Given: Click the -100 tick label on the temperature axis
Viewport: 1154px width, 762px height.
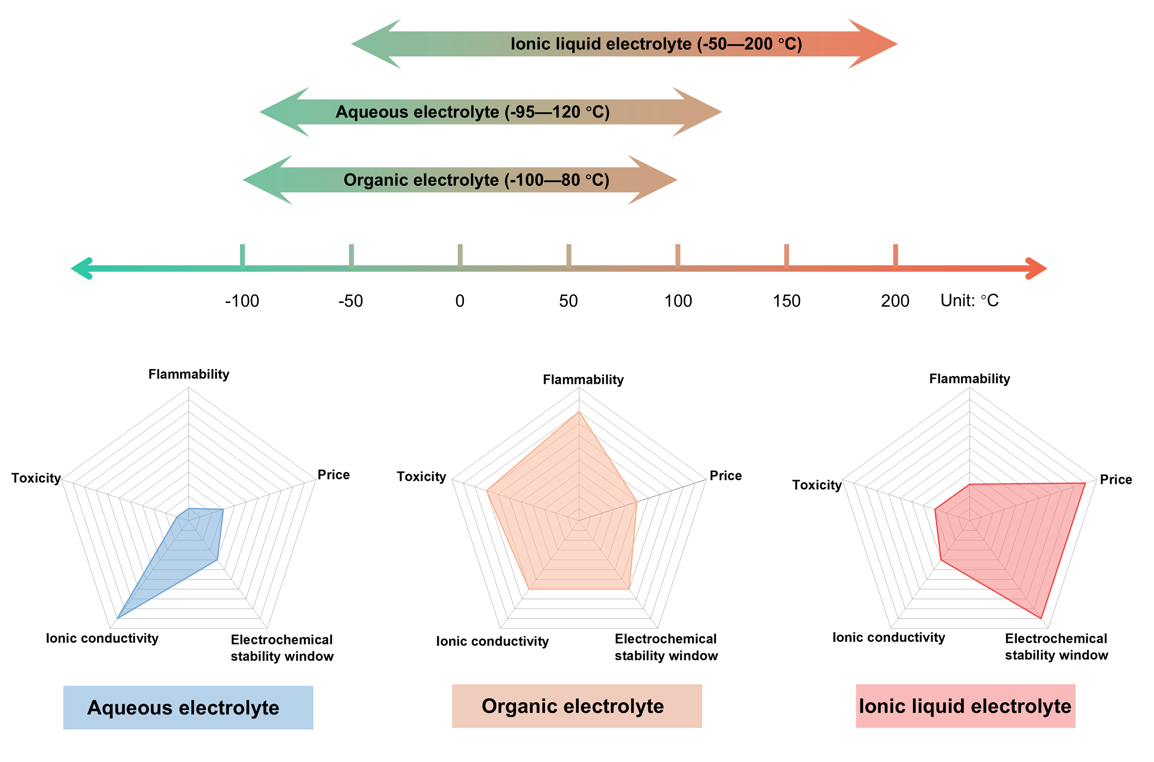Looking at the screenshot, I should (242, 301).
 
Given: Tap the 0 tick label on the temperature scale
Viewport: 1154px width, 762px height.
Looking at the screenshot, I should (460, 301).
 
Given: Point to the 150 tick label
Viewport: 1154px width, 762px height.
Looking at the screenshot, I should (786, 301).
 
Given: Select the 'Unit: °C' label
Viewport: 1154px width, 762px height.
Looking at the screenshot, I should (969, 300).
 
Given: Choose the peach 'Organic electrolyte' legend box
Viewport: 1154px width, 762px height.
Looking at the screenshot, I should (577, 706).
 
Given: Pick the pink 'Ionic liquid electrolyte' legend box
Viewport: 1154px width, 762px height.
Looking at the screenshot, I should (965, 706).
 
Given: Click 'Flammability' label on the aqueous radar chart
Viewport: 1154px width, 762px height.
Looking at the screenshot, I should (188, 374).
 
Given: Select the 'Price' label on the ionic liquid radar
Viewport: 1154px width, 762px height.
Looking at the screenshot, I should (1116, 480).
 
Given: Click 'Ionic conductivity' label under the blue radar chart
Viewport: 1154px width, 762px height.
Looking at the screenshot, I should (102, 638).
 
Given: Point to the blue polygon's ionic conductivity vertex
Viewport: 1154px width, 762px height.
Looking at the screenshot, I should (118, 618).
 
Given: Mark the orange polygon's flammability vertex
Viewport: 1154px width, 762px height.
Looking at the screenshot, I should (579, 412).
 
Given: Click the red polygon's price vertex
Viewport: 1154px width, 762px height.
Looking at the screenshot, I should (1085, 483).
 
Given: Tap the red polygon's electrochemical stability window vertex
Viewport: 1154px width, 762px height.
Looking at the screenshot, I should (1041, 618).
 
